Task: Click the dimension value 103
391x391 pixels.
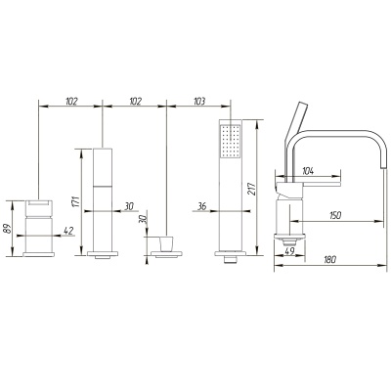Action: (199, 102)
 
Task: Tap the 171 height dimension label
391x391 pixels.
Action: (75, 202)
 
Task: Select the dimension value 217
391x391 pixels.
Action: (252, 189)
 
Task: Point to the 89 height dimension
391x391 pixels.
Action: (6, 229)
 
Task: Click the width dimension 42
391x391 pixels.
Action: (68, 231)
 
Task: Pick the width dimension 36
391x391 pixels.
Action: (202, 206)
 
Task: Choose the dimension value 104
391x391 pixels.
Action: (309, 170)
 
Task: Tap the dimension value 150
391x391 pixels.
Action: (335, 215)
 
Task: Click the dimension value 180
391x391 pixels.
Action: (330, 260)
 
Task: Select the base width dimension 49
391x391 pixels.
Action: (289, 251)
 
